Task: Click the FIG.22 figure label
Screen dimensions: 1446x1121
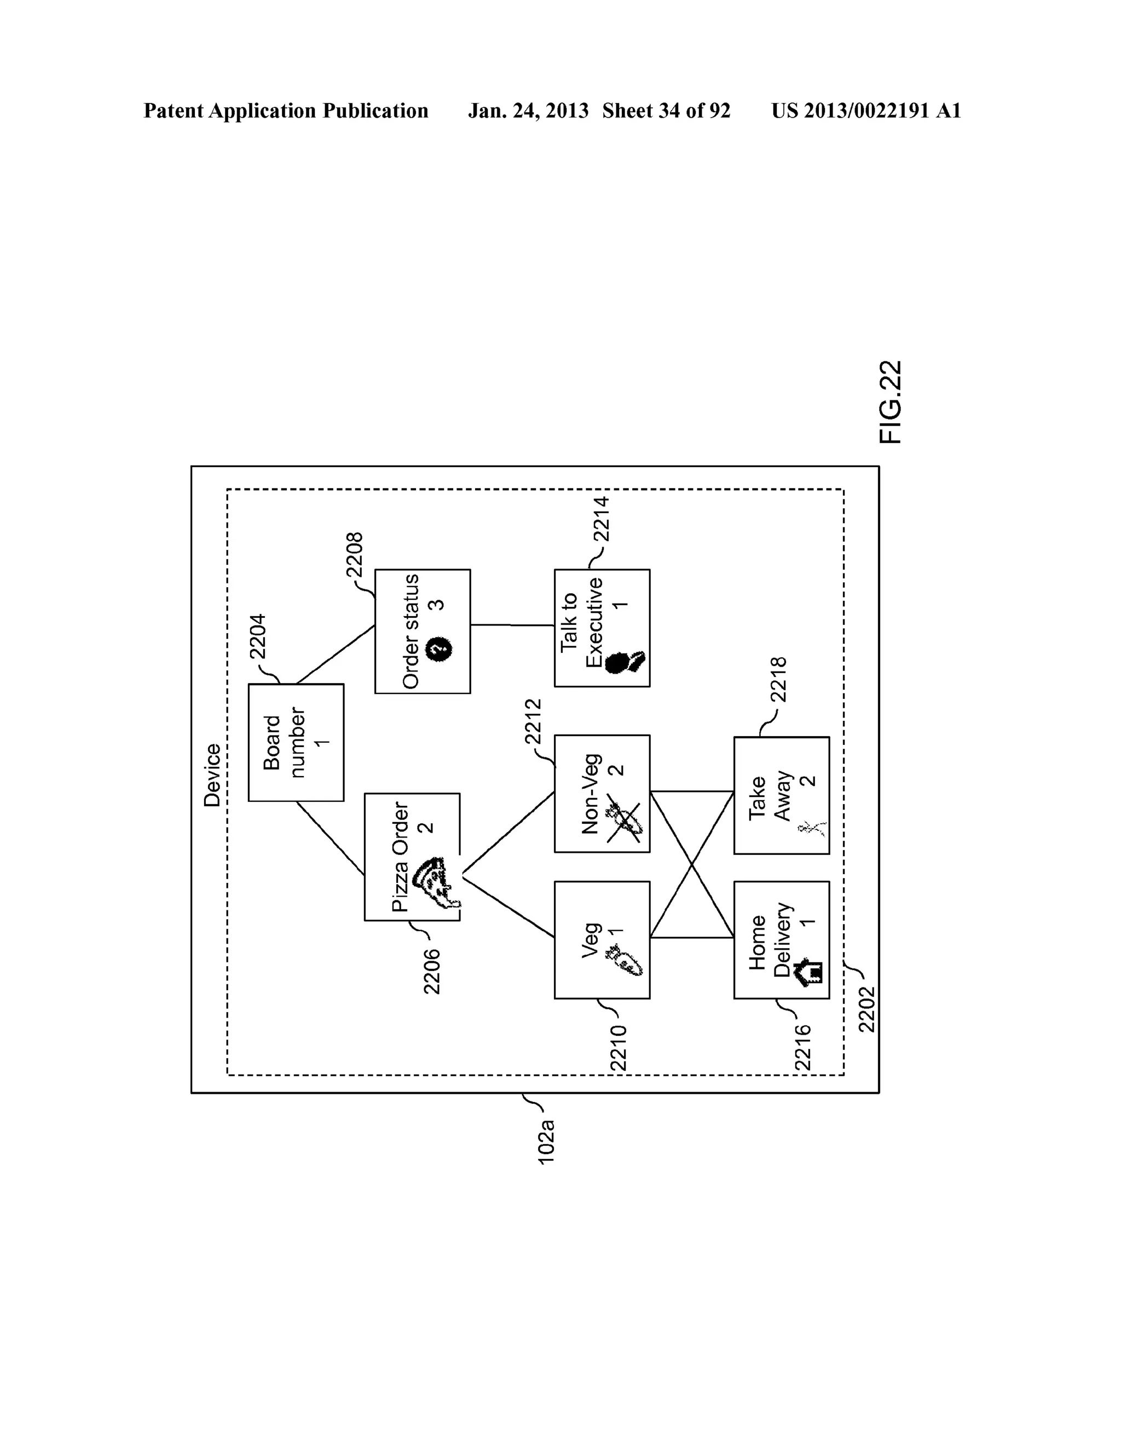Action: pos(891,402)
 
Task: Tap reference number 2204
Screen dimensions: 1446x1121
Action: pos(257,636)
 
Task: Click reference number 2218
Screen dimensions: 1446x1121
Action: pos(778,679)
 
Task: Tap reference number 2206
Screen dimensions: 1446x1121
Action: pos(431,971)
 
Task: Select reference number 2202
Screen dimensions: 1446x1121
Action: pos(866,1009)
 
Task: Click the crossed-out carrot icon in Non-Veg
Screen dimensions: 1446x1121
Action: pos(624,822)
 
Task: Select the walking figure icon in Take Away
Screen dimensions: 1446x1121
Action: pos(811,828)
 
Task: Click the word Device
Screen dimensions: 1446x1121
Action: pos(212,774)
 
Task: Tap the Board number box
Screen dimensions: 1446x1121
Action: pos(296,742)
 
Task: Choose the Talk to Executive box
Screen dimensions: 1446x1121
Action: pos(602,627)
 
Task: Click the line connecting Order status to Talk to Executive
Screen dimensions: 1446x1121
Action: pos(512,624)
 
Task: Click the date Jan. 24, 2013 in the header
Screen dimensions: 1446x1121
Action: pos(528,111)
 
